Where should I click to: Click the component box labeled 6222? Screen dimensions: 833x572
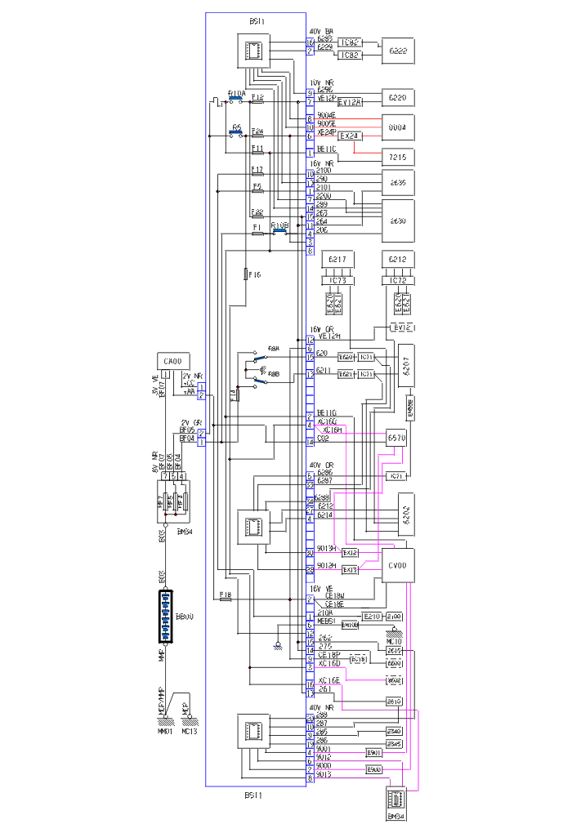click(398, 50)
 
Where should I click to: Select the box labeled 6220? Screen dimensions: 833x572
click(398, 98)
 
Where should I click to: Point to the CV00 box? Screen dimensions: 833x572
click(398, 564)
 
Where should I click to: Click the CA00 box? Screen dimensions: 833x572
click(172, 361)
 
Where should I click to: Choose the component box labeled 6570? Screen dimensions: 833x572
click(398, 438)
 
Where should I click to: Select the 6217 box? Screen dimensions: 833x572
click(337, 260)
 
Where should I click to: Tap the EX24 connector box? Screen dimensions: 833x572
click(349, 136)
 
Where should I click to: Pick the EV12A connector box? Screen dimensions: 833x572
click(349, 102)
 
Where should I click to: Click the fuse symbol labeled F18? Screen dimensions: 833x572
click(226, 599)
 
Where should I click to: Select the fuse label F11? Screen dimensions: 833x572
click(257, 149)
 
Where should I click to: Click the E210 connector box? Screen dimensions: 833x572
click(372, 616)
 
